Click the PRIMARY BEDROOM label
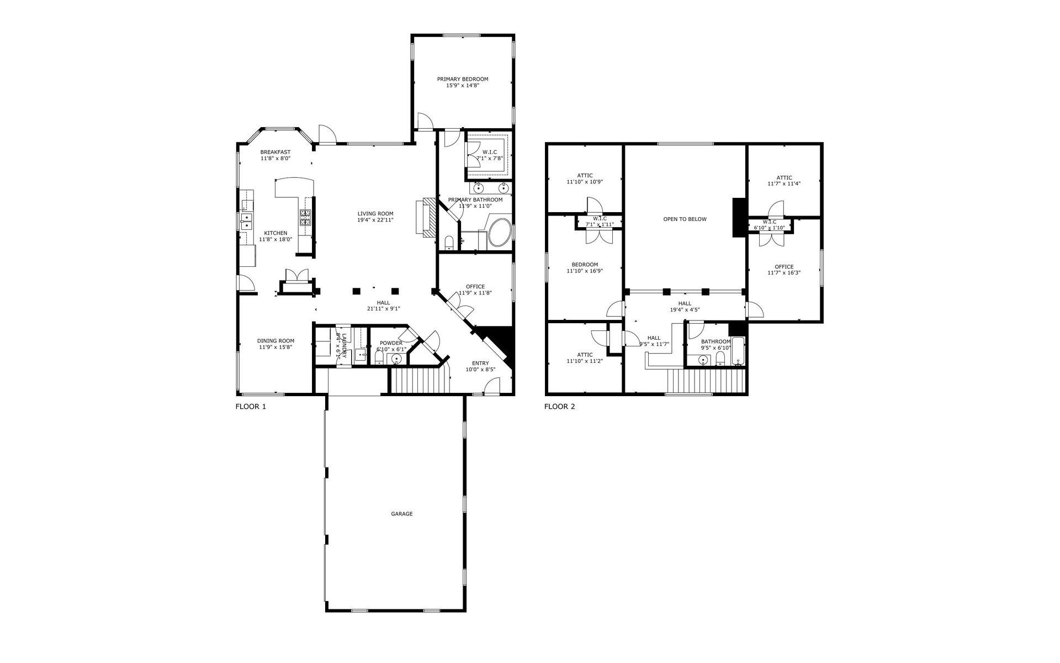(x=463, y=79)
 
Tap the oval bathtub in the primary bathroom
(x=500, y=233)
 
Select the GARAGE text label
(x=401, y=514)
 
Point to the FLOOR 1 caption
(x=251, y=407)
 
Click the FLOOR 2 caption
(x=559, y=407)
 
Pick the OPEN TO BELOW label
(x=685, y=219)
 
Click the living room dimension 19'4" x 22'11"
(x=375, y=220)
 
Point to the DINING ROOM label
(x=275, y=341)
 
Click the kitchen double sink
(x=246, y=221)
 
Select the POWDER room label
(x=391, y=343)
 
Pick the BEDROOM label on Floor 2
(x=584, y=265)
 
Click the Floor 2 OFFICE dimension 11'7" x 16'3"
(x=784, y=273)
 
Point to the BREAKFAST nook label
(x=275, y=152)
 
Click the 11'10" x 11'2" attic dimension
(x=584, y=361)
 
